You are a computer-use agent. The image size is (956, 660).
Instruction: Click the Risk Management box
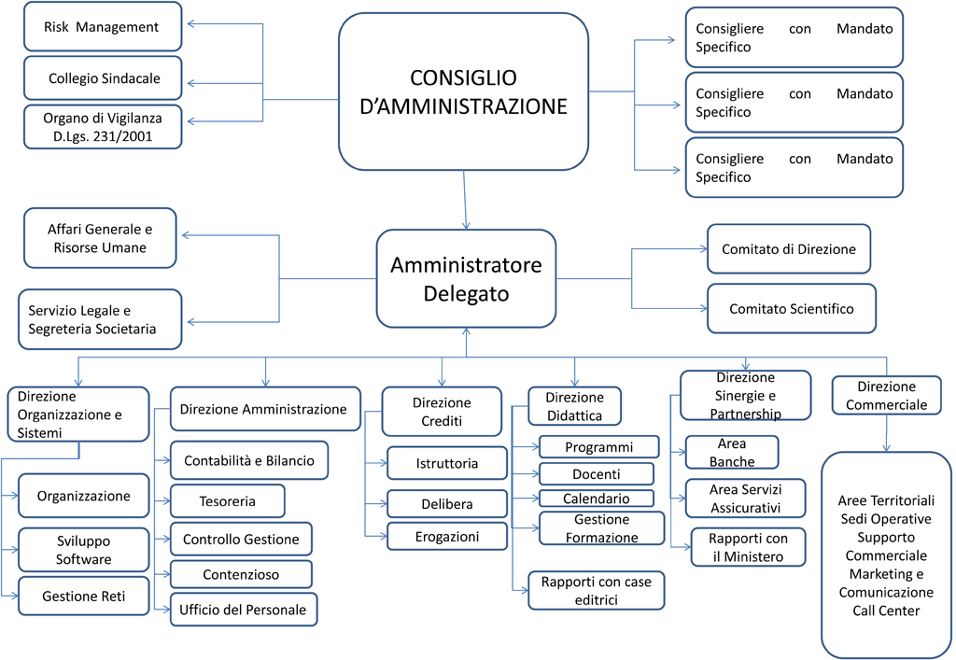pos(102,27)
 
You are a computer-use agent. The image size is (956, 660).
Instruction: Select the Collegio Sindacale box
pos(104,78)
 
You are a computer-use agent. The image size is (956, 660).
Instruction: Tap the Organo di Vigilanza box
pos(103,127)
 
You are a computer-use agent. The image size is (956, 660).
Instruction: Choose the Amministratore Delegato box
pos(466,278)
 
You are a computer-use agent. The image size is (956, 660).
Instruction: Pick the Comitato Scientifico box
pos(791,308)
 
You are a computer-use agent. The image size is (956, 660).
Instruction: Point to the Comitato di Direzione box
pos(788,249)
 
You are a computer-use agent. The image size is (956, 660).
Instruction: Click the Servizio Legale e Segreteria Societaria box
pos(100,319)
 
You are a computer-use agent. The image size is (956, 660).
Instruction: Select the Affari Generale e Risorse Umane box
pos(99,237)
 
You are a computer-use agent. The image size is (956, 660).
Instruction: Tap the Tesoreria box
pos(227,501)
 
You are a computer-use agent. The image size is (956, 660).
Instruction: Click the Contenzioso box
pos(240,574)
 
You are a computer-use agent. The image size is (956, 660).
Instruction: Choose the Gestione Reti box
pos(83,596)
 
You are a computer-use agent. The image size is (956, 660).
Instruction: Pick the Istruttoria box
pos(447,463)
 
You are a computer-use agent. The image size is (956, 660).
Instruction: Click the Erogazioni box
pos(447,536)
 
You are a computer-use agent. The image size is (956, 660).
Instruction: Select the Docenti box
pos(597,474)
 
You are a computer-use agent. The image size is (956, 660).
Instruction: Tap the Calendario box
pos(596,499)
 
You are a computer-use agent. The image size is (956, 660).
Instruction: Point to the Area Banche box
pos(732,452)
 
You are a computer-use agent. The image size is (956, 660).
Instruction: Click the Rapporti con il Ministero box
pos(747,547)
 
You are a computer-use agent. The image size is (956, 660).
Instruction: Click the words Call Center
pos(886,611)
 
